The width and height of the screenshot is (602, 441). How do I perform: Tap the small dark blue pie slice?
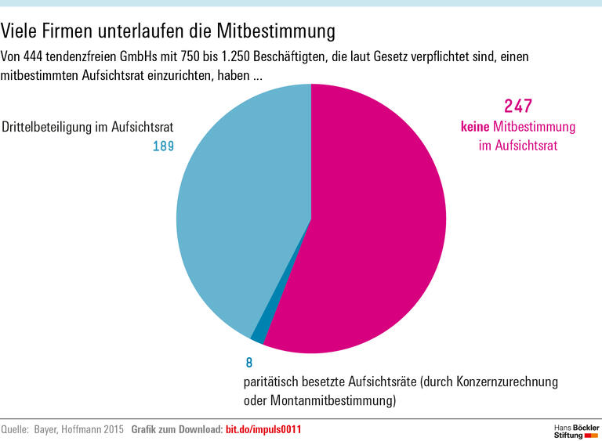pos(258,335)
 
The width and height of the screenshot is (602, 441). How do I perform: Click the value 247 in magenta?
pos(518,107)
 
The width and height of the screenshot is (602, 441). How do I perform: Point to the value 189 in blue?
pos(163,146)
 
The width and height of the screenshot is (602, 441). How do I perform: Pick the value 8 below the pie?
pos(248,363)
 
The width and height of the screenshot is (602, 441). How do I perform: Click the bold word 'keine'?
pos(474,127)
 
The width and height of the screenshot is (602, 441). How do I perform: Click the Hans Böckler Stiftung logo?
pos(575,429)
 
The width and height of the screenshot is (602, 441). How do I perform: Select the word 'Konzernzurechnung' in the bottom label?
pos(506,382)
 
